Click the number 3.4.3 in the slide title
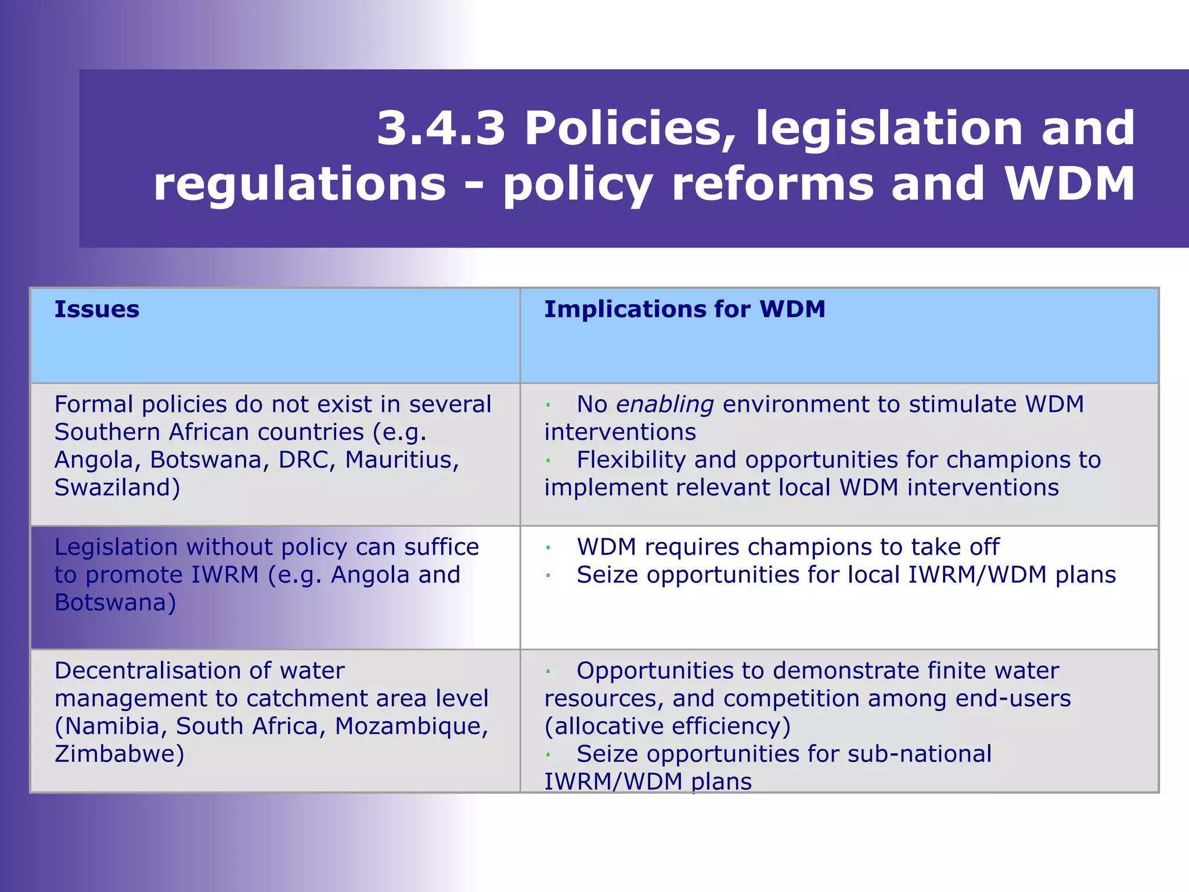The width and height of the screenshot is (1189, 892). point(441,128)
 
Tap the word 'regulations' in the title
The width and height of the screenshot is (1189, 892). point(300,184)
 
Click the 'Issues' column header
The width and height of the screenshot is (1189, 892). point(97,310)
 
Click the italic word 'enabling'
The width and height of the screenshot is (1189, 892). point(664,404)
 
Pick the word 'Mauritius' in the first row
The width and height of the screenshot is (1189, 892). point(402,460)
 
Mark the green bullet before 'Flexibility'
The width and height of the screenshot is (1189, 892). point(547,461)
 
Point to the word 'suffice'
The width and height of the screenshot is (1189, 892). point(441,547)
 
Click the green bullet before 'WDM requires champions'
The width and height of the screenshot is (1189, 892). point(547,548)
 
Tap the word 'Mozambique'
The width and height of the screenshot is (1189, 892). point(411,726)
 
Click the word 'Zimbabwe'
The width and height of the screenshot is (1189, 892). point(119,754)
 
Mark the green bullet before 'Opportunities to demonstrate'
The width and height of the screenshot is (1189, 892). point(547,672)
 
